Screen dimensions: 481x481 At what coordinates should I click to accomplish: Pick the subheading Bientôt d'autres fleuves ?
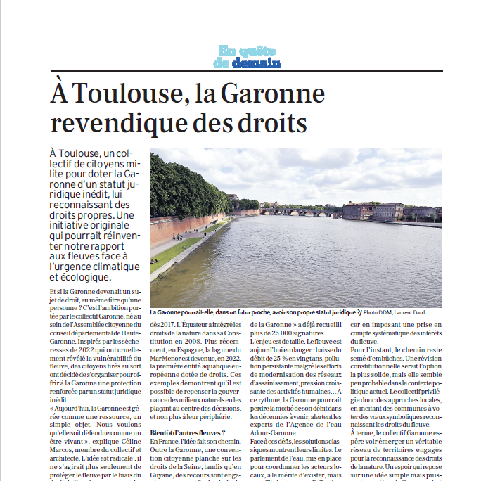[x=188, y=432]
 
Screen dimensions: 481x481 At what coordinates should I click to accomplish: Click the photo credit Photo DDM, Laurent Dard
[x=394, y=312]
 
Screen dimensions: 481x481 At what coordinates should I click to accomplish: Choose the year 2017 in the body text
[x=160, y=323]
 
